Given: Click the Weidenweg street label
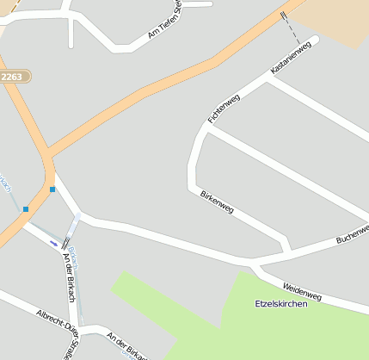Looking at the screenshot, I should click(302, 291).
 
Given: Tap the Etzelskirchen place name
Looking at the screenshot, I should click(281, 304).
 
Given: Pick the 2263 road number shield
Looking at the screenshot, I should click(13, 77).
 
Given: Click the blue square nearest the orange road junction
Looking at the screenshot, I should click(52, 189).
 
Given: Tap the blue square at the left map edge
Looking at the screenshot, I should click(26, 208).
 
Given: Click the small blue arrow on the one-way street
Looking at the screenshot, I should click(54, 244).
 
